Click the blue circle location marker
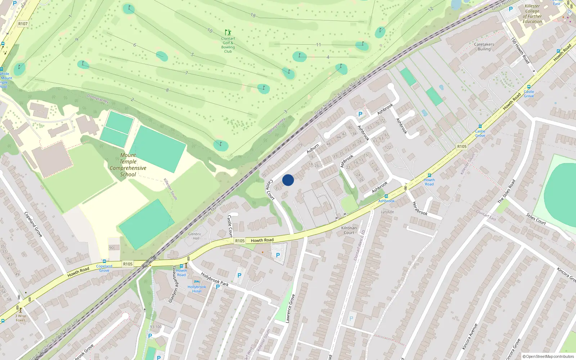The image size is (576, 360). point(288,180)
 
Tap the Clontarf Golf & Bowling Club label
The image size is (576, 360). point(228,45)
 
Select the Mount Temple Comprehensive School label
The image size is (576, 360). point(128,165)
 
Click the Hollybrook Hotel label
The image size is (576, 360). point(197,289)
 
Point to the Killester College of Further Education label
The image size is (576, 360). point(532,14)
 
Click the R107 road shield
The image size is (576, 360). point(23,24)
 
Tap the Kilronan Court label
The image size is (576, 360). point(349,230)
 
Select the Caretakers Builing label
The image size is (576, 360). point(484,47)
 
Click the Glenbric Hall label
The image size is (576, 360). point(194,236)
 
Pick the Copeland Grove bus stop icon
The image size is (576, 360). point(104,261)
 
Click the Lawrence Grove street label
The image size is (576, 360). point(290,308)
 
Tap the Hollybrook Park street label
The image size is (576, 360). point(215,279)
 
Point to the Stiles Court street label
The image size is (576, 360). point(536,219)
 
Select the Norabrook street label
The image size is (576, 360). point(419,208)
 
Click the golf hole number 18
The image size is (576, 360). point(253,15)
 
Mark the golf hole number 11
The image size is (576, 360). point(318,45)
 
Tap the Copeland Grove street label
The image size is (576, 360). point(33,224)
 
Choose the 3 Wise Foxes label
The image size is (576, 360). point(21,318)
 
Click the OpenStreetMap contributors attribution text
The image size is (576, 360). point(548,356)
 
